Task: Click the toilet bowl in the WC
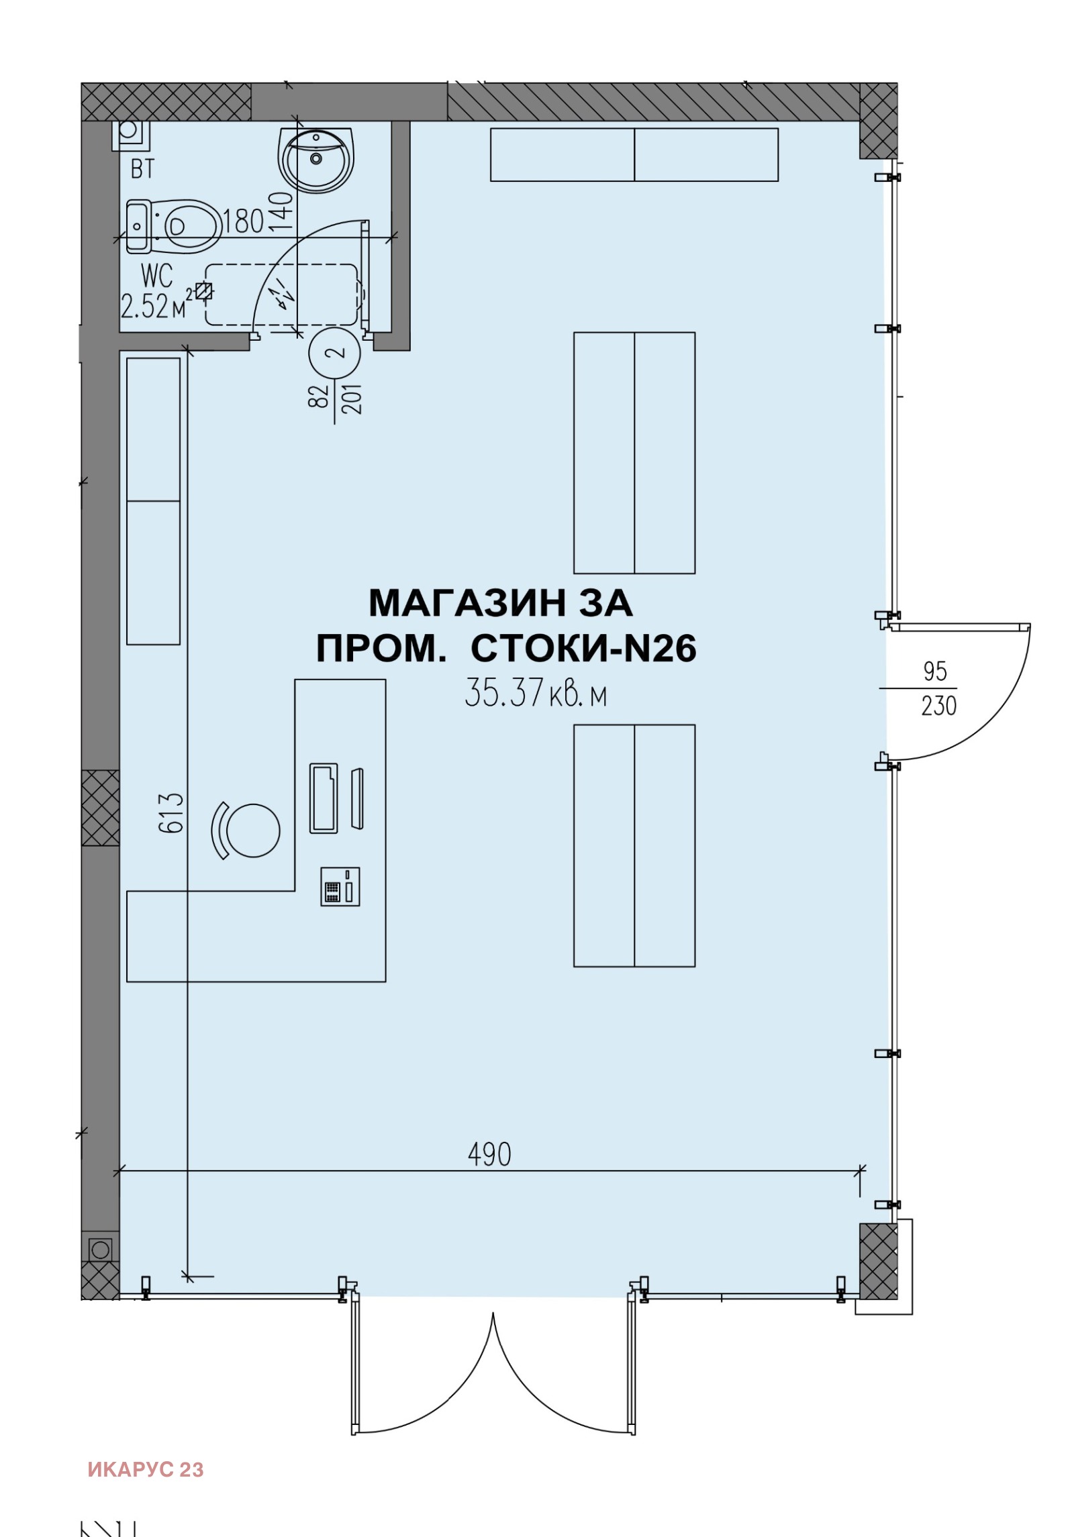(190, 226)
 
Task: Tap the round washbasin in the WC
(315, 160)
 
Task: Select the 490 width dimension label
(489, 1154)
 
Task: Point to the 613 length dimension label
(171, 812)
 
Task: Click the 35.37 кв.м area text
(536, 693)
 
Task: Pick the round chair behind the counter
(252, 830)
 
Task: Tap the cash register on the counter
(340, 886)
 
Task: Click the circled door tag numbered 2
(335, 352)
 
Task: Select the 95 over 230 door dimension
(937, 688)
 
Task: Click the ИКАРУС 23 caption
(146, 1469)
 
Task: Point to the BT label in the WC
(142, 169)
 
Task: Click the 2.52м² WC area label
(154, 307)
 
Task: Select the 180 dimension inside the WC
(243, 221)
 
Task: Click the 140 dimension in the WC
(282, 211)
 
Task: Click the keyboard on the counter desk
(324, 798)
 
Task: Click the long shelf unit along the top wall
(634, 155)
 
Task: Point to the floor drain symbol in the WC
(204, 290)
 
